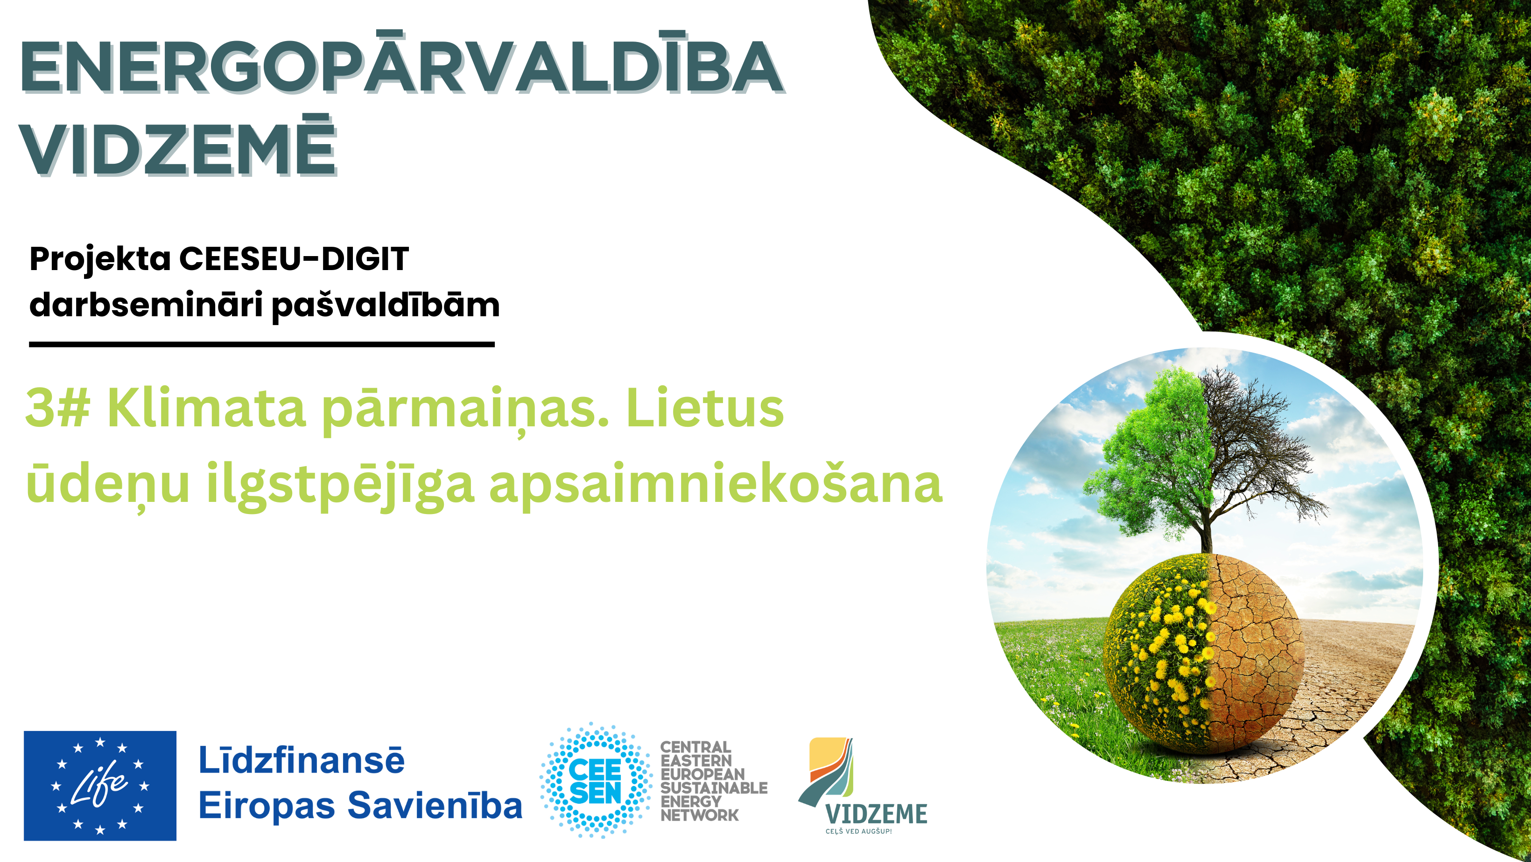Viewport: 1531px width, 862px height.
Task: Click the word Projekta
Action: coord(100,260)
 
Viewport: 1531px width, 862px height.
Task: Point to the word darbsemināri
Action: coord(146,305)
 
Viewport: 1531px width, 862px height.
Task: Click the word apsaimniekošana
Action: coord(716,483)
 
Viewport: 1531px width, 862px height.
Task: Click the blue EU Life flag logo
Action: coord(100,786)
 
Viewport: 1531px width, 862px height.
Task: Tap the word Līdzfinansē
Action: coord(302,760)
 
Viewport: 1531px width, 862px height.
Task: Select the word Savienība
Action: coord(435,806)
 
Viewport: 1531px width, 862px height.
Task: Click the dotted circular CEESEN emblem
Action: coord(596,780)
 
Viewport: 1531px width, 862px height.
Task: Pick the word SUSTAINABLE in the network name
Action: coord(714,788)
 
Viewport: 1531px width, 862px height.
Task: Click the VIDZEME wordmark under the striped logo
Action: coord(876,814)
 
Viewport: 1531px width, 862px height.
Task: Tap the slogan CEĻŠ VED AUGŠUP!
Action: coord(858,831)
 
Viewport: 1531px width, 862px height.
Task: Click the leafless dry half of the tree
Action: coord(1254,452)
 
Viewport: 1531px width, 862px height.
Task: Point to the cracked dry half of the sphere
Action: coord(1254,653)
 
